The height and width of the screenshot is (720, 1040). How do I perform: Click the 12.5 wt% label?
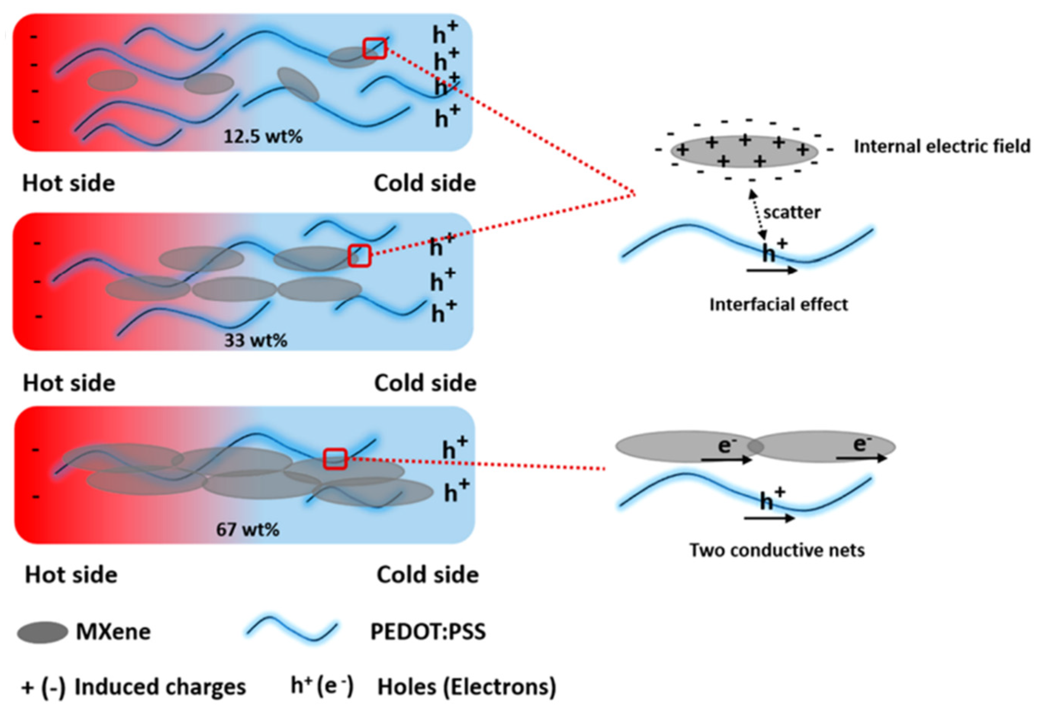tap(263, 136)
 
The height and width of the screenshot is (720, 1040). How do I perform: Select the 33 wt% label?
tap(256, 340)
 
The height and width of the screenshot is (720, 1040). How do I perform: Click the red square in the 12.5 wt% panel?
tap(375, 48)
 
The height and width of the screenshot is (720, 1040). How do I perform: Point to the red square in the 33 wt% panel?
tap(360, 256)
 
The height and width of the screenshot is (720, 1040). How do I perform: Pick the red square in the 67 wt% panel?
tap(335, 459)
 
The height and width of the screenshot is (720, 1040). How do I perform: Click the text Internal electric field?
tap(942, 146)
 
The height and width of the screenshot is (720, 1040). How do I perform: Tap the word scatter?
tap(791, 212)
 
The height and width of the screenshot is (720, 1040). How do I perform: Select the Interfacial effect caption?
tap(778, 304)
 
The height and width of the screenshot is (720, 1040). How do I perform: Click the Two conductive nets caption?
tap(777, 550)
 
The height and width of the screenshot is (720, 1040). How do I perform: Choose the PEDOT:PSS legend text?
tap(427, 632)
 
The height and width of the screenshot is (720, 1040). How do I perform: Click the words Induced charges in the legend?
tap(160, 687)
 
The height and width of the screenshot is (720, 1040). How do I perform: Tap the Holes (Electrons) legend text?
tap(466, 687)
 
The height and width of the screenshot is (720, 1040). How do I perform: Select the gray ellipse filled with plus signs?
tap(744, 151)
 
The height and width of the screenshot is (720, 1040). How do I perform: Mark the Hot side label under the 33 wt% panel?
tap(69, 383)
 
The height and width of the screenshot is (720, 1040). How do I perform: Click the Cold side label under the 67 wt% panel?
tap(427, 575)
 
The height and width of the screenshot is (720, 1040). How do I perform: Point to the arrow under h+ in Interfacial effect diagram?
tap(772, 270)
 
